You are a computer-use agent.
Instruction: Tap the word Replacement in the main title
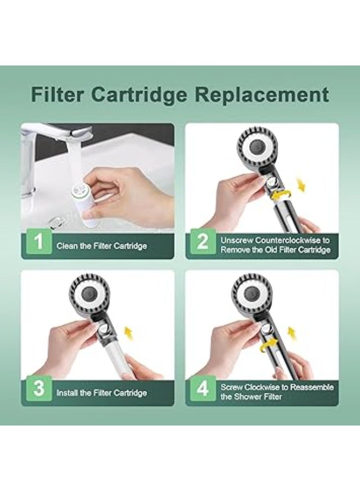[261, 95]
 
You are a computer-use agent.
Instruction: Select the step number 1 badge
[39, 242]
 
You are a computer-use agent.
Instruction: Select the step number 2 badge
[203, 242]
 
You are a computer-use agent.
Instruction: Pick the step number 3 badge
[39, 388]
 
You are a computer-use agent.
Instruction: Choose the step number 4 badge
[203, 388]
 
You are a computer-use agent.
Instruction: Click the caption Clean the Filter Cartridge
[101, 246]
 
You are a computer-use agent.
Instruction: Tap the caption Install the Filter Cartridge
[101, 393]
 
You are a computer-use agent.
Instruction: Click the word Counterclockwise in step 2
[287, 241]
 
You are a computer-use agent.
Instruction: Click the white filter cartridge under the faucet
[85, 203]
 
